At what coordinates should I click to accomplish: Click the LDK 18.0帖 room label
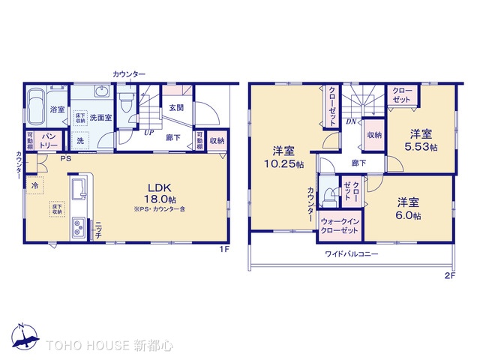pyautogui.click(x=162, y=193)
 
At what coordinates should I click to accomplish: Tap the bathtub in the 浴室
pyautogui.click(x=35, y=109)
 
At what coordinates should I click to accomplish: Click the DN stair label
pyautogui.click(x=350, y=121)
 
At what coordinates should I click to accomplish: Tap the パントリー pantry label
pyautogui.click(x=49, y=142)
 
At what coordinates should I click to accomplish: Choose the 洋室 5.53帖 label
pyautogui.click(x=421, y=139)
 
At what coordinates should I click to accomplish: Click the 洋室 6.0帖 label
pyautogui.click(x=409, y=208)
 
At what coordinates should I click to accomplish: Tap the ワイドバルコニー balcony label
pyautogui.click(x=351, y=254)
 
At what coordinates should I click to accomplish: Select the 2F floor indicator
pyautogui.click(x=449, y=275)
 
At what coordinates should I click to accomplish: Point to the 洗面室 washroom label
pyautogui.click(x=100, y=118)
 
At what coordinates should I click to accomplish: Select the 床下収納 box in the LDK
pyautogui.click(x=57, y=208)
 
